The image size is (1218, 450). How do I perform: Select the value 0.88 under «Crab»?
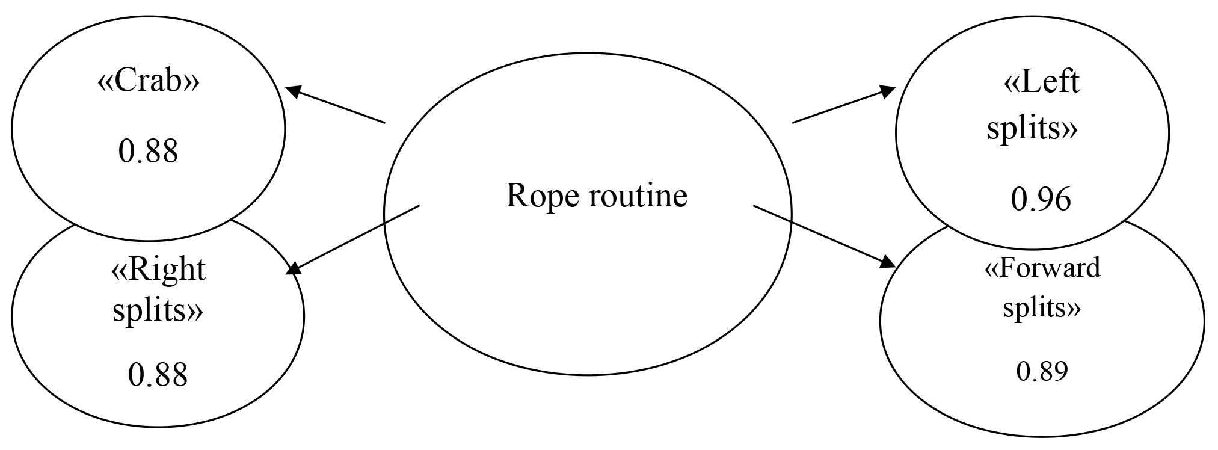click(x=148, y=151)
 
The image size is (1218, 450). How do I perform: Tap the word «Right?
click(x=158, y=270)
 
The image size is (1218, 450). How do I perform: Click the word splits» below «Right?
click(x=158, y=311)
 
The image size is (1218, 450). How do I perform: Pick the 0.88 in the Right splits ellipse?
click(x=158, y=374)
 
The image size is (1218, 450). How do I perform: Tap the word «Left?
click(x=1041, y=82)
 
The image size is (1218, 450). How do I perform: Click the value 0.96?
click(x=1041, y=200)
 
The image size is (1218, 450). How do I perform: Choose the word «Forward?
click(x=1042, y=268)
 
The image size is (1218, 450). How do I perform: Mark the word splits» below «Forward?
click(x=1042, y=309)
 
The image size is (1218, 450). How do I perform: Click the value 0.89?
click(x=1042, y=372)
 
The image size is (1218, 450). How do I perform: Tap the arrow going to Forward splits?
click(x=824, y=235)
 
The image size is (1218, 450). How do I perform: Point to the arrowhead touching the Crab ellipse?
click(x=293, y=92)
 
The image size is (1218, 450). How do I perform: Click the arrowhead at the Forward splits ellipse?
click(x=888, y=263)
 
